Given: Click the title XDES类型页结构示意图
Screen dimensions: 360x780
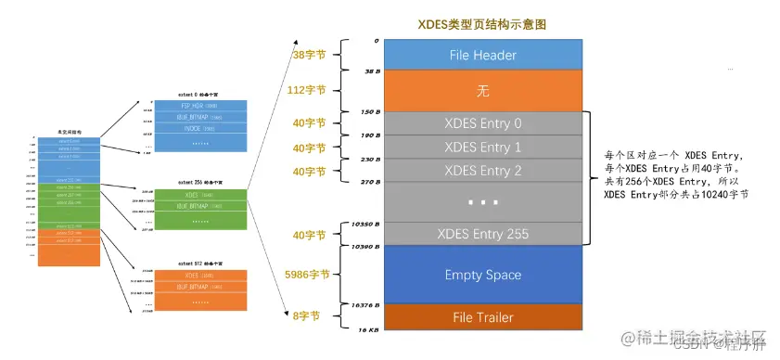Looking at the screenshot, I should coord(482,21).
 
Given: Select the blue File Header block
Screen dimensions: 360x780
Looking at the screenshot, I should coord(482,55).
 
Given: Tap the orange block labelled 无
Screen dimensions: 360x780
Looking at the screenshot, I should coord(482,90).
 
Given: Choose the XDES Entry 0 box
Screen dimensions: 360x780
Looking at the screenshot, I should coord(482,124).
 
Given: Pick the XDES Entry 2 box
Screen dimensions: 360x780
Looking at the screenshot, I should coord(482,170).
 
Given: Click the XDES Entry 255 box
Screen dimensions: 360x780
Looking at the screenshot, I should coord(482,234).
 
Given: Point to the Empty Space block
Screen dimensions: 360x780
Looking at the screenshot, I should coord(482,275).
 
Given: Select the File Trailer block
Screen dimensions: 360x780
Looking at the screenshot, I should coord(482,317).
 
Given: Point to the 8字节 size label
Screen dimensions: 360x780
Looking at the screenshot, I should coord(310,316).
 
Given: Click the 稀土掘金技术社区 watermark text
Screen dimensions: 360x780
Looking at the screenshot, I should coord(696,335).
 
